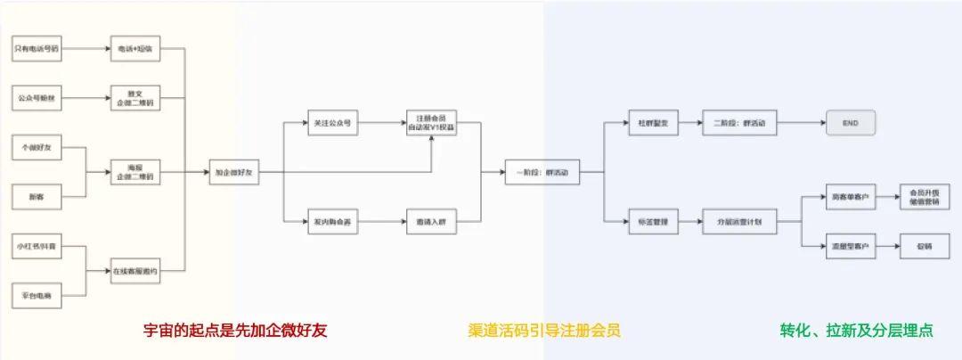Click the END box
[x=851, y=123]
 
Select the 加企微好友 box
[x=235, y=171]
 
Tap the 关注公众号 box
[x=332, y=123]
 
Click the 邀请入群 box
[x=431, y=220]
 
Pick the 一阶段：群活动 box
[x=542, y=171]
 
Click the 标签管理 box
[x=653, y=220]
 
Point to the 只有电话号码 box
[x=37, y=47]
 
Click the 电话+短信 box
[x=135, y=47]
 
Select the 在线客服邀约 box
[x=135, y=270]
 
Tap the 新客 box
[x=37, y=195]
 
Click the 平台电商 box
[x=37, y=294]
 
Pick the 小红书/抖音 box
[x=37, y=244]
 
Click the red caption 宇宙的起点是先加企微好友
[x=236, y=331]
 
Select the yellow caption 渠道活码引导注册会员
[x=543, y=331]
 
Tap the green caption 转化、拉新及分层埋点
[x=856, y=331]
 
